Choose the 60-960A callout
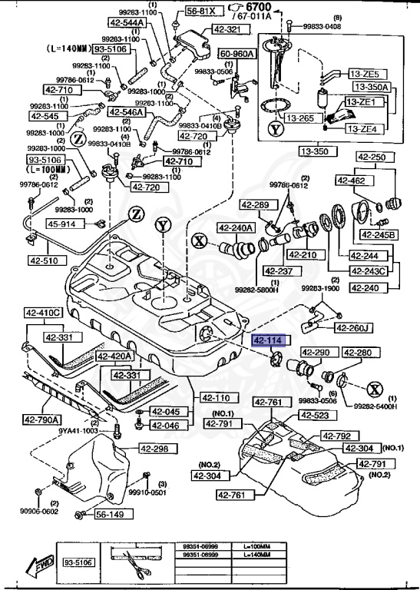pos(238,55)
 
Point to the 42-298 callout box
pos(156,449)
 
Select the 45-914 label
pos(63,224)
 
